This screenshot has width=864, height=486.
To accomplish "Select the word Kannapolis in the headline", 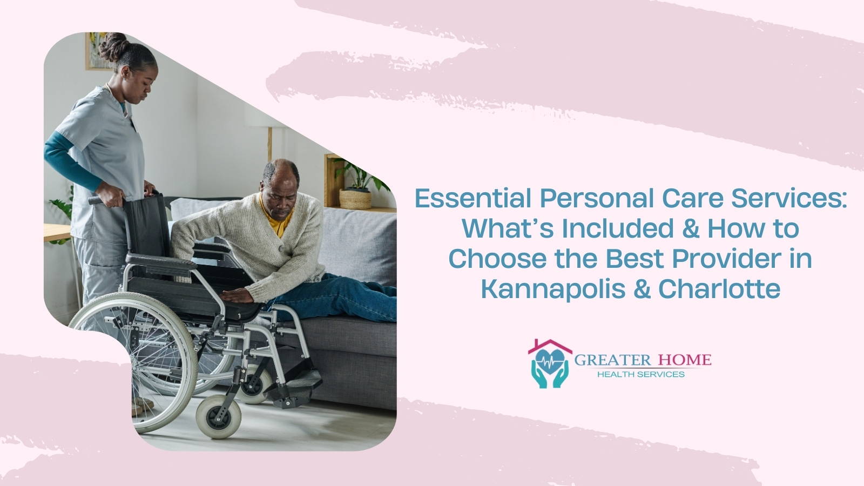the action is coord(553,289).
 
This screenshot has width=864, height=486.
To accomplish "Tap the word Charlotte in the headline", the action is coord(719,289).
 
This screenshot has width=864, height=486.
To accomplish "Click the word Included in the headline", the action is coord(618,228).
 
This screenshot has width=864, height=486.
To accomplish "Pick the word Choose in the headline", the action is coord(497,259).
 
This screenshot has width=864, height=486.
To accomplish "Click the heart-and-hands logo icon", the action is coord(550,364).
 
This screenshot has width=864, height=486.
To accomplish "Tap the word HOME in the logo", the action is coord(685,360).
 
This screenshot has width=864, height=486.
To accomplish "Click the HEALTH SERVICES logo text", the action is coord(641,374).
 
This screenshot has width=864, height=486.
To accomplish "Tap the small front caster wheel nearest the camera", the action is coord(218,417).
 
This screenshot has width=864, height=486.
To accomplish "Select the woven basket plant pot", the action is coord(355,199).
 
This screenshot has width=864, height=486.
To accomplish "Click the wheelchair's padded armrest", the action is coord(161,261).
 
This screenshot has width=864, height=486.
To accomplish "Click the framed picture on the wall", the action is coord(97,52).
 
